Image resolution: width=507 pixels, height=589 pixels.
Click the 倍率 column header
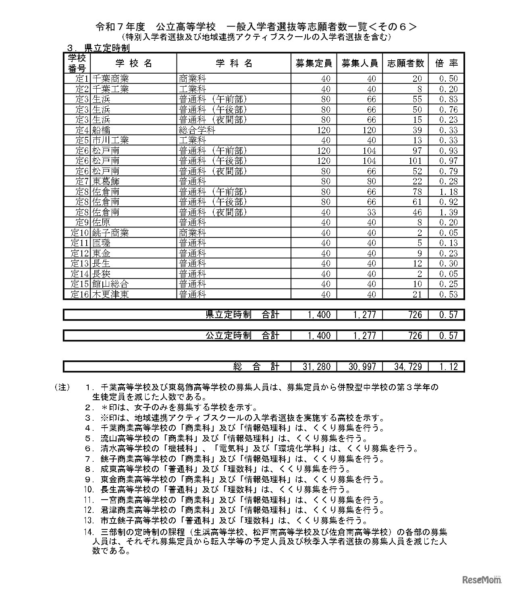pyautogui.click(x=447, y=63)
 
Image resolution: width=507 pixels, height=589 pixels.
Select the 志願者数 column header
pyautogui.click(x=405, y=63)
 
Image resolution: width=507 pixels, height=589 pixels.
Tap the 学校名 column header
pyautogui.click(x=134, y=63)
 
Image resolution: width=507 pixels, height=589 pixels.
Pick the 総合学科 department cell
pyautogui.click(x=197, y=130)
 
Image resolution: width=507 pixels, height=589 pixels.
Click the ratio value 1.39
pyautogui.click(x=449, y=212)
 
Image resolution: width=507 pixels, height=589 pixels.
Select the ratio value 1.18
pyautogui.click(x=449, y=192)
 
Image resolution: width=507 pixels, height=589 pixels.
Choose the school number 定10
pyautogui.click(x=79, y=233)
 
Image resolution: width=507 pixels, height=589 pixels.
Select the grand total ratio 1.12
pyautogui.click(x=449, y=366)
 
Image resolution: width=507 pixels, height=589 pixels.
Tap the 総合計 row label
pyautogui.click(x=256, y=366)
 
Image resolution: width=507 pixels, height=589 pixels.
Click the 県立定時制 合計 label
pyautogui.click(x=242, y=314)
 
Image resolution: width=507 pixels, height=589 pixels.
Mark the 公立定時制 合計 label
pyautogui.click(x=242, y=335)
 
